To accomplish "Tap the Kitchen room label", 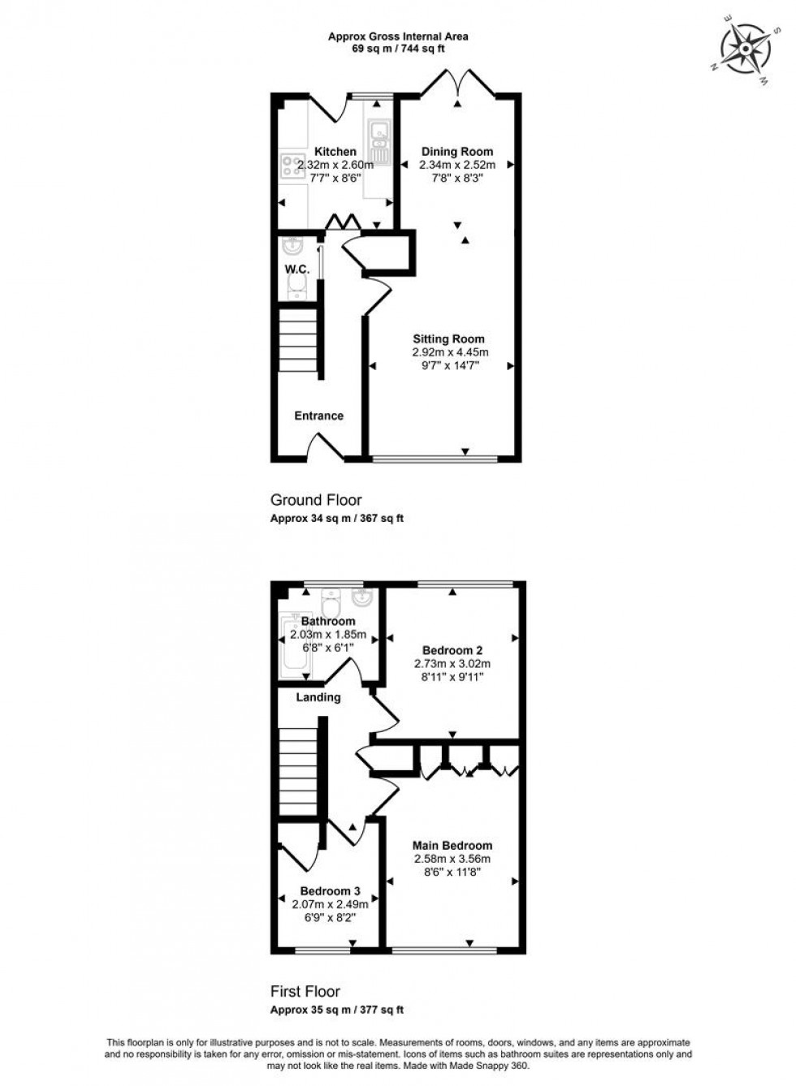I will [x=335, y=152].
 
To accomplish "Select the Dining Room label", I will [x=456, y=152].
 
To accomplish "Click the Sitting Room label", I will [x=448, y=339].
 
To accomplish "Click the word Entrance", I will [x=318, y=416].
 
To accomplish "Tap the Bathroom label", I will [x=328, y=622].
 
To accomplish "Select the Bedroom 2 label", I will [x=452, y=650].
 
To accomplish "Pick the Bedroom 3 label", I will [x=330, y=891].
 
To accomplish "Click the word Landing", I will [x=318, y=697].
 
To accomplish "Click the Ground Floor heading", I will [x=316, y=500].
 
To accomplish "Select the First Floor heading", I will [x=305, y=991].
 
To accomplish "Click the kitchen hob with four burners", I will [x=289, y=166].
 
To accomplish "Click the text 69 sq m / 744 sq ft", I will [x=398, y=49].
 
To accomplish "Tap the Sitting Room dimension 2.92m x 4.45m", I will [x=450, y=352].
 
